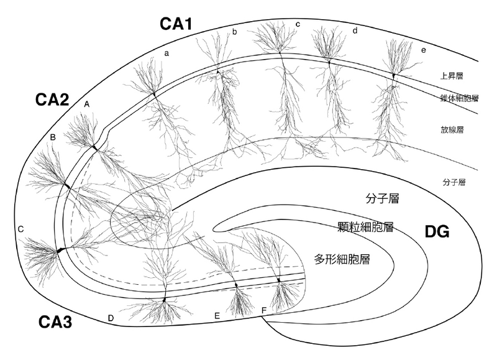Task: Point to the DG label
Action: point(437,233)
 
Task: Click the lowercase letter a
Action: point(166,53)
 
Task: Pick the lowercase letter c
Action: point(298,24)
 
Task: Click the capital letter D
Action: point(111,319)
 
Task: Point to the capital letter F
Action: point(264,310)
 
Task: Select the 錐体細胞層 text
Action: point(457,98)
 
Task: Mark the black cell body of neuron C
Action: point(60,250)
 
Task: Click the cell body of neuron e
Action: point(393,76)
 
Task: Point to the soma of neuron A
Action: point(94,147)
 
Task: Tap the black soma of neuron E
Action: point(235,285)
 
